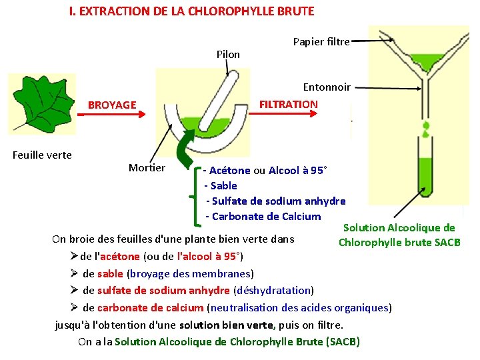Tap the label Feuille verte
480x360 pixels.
point(42,155)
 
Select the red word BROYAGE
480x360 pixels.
point(112,105)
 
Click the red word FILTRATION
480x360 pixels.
point(288,104)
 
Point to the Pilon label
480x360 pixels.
point(228,54)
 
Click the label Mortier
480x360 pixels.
point(147,167)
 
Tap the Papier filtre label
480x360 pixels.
point(321,42)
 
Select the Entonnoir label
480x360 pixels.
point(327,87)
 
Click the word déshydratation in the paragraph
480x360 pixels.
point(274,290)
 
